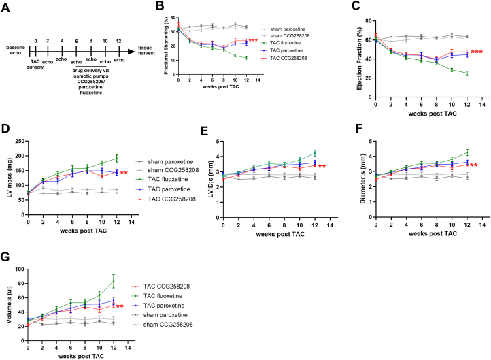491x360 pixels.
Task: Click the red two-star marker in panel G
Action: coord(120,306)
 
